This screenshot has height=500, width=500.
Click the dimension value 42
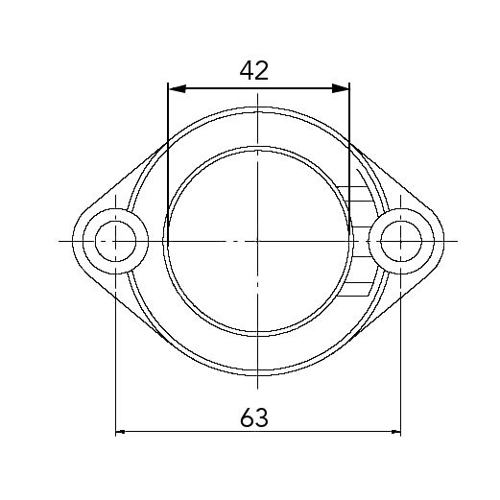pos(254,70)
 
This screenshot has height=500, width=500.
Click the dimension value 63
pos(253,417)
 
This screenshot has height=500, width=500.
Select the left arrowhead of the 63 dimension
pos(122,432)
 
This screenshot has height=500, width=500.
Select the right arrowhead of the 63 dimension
pos(394,432)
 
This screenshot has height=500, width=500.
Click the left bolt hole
pos(115,240)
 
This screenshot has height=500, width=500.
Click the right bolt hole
pos(401,240)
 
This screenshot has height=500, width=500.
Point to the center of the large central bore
pos(258,240)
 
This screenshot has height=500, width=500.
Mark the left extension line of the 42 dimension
pos(167,144)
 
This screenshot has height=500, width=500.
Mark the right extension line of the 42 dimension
pos(349,144)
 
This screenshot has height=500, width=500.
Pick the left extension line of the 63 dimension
pos(115,365)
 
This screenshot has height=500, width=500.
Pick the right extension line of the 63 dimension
pos(401,365)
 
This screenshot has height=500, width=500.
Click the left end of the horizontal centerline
pos(60,240)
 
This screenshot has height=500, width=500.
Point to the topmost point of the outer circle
pos(258,107)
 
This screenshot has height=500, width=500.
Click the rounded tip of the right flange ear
pos(443,240)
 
